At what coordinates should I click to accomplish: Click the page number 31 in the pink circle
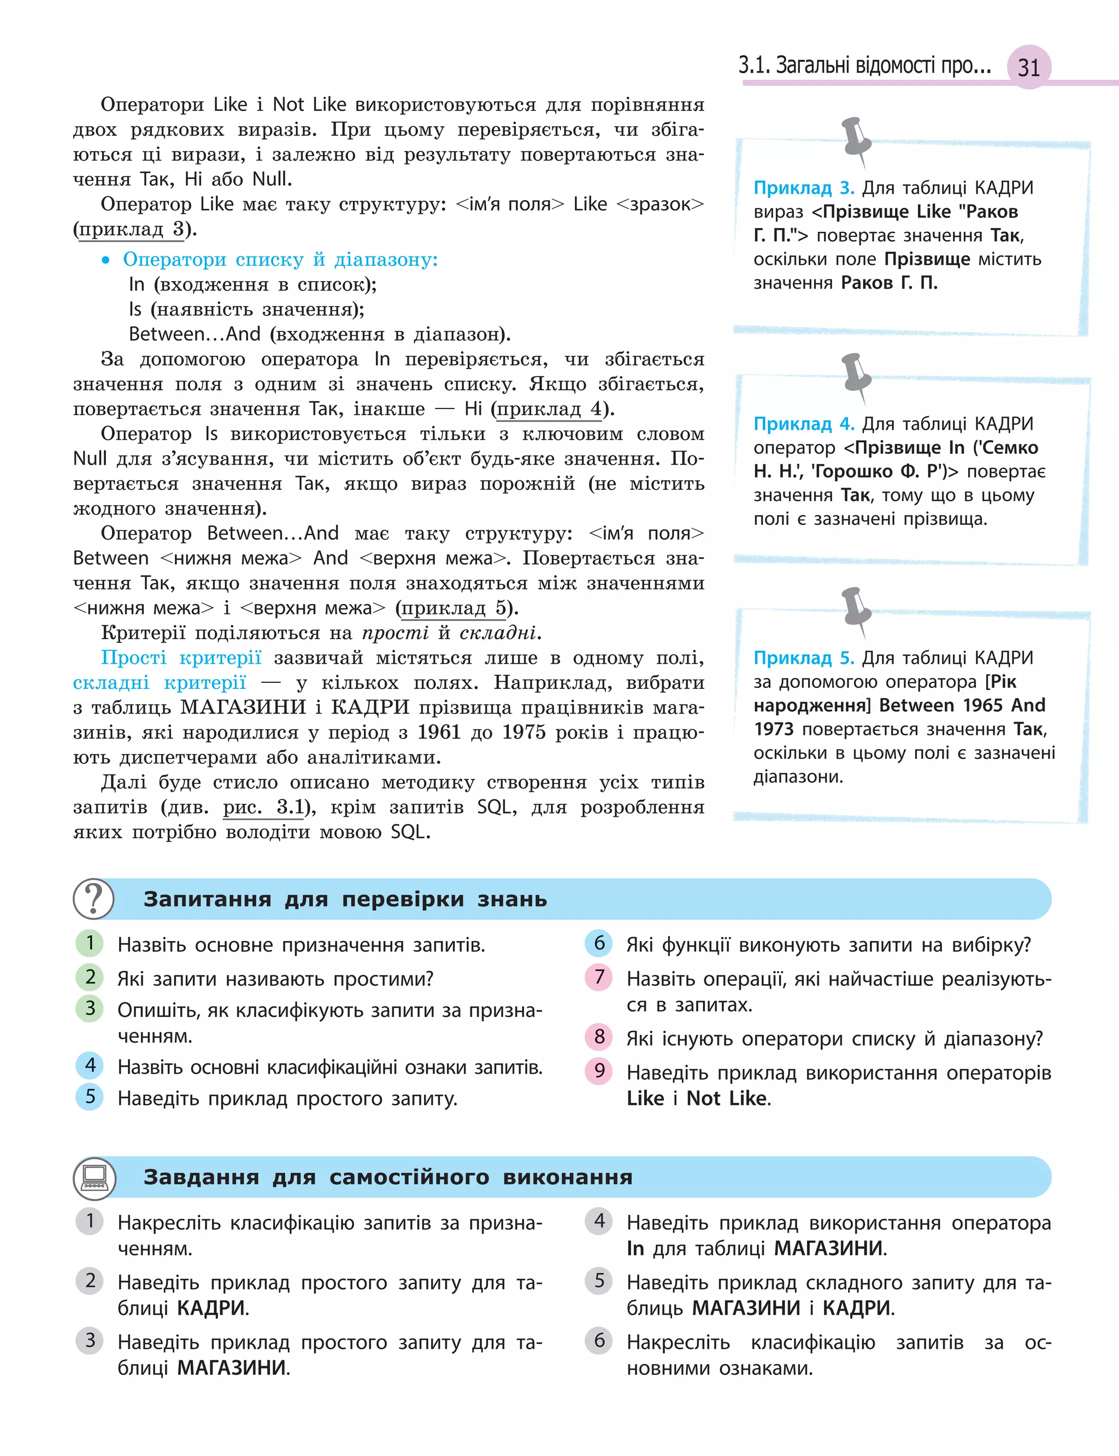1028,67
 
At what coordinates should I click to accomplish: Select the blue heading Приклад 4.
803,424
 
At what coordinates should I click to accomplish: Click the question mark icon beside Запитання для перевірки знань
93,898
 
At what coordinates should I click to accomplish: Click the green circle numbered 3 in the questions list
90,1008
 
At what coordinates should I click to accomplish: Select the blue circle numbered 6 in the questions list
599,943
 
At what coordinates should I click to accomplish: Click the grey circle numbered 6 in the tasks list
599,1340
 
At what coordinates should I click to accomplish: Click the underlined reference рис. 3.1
264,807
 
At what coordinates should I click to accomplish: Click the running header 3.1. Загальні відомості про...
864,65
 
